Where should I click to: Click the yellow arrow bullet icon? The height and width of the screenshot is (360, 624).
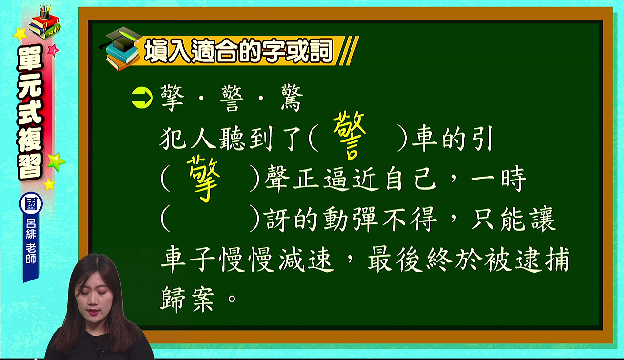tap(142, 98)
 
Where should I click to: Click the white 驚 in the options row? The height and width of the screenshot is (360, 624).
tap(292, 99)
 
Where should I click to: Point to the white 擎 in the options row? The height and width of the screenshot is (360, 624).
tap(173, 99)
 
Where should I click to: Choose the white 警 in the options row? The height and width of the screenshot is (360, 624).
tap(232, 99)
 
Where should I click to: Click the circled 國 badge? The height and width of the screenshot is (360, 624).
tap(31, 204)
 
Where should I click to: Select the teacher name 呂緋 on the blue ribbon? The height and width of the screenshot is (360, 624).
tap(31, 228)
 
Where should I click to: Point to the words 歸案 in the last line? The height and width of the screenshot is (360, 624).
tap(188, 299)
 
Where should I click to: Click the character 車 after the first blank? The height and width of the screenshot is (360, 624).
tap(425, 139)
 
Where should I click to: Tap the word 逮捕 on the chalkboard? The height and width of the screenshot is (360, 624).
tap(542, 260)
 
